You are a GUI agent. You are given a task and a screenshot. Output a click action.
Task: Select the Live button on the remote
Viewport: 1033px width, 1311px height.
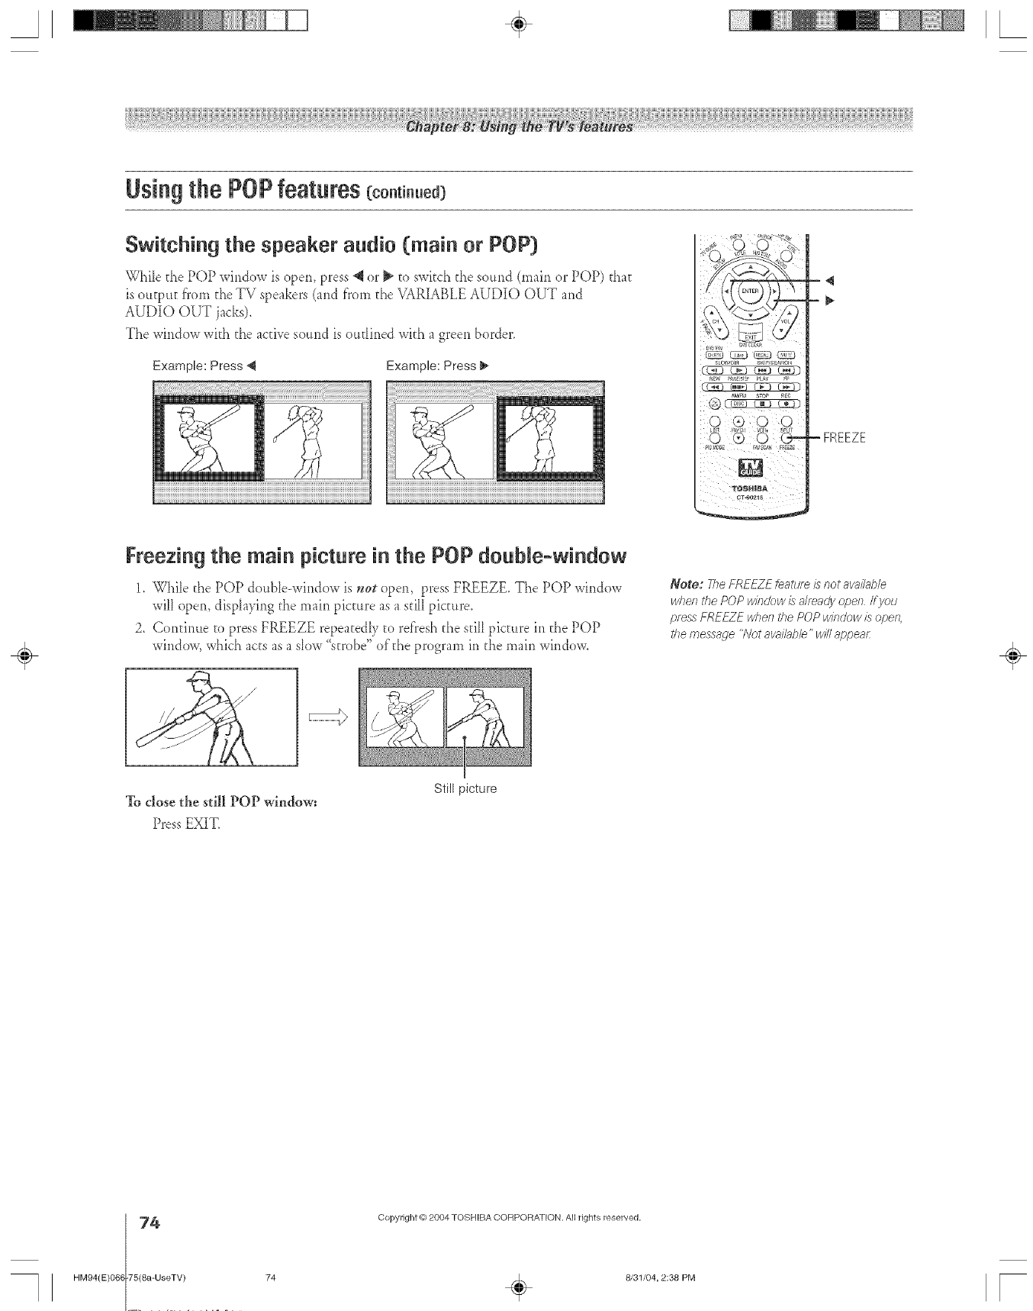[x=740, y=353]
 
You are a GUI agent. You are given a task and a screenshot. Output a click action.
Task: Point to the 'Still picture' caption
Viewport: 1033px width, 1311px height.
[x=465, y=788]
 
